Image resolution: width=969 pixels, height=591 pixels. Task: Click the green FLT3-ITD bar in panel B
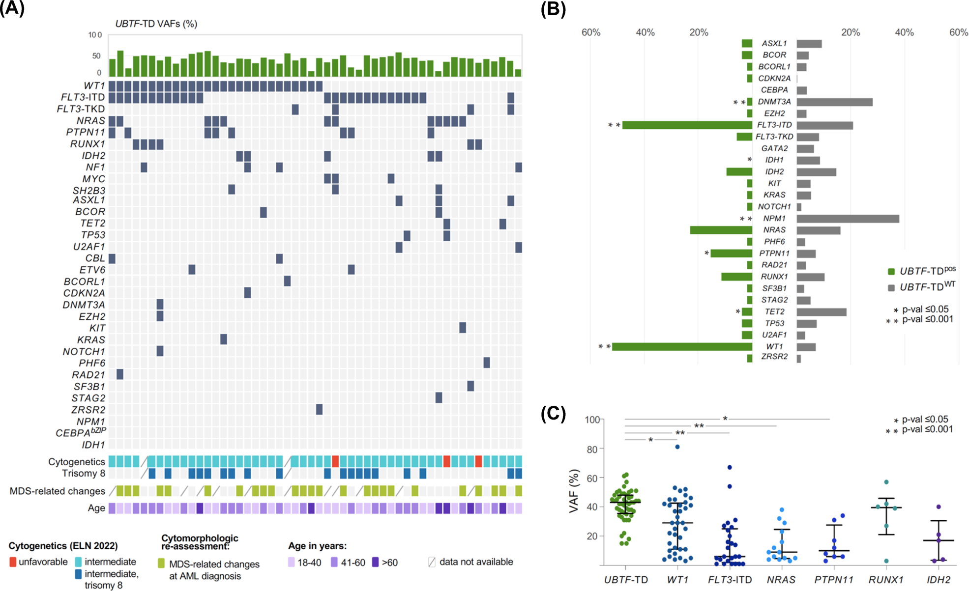pyautogui.click(x=687, y=125)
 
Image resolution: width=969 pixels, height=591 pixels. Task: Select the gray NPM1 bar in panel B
pyautogui.click(x=848, y=219)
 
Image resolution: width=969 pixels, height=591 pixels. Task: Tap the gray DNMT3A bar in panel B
pyautogui.click(x=834, y=102)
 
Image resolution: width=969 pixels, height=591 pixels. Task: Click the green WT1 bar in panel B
pyautogui.click(x=682, y=347)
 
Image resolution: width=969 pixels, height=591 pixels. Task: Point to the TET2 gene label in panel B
pyautogui.click(x=774, y=311)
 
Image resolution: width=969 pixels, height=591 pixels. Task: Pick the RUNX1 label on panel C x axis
pyautogui.click(x=886, y=580)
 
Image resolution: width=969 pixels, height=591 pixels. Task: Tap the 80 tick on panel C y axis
pyautogui.click(x=592, y=449)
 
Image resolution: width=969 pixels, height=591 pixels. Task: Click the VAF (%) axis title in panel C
pyautogui.click(x=573, y=491)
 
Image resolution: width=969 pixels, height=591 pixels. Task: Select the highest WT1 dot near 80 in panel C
pyautogui.click(x=677, y=447)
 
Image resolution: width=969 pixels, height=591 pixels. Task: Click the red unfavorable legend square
pyautogui.click(x=13, y=562)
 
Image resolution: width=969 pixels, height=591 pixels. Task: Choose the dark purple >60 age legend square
pyautogui.click(x=376, y=562)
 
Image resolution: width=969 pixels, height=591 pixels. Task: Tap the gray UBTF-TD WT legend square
pyautogui.click(x=891, y=288)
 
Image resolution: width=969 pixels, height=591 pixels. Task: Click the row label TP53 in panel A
pyautogui.click(x=92, y=235)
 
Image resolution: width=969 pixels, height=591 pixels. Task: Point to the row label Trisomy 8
pyautogui.click(x=79, y=474)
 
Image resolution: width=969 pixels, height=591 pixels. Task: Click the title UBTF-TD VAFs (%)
pyautogui.click(x=156, y=24)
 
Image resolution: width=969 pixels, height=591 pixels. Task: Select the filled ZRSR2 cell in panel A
pyautogui.click(x=319, y=409)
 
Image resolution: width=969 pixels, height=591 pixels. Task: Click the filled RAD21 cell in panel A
pyautogui.click(x=120, y=374)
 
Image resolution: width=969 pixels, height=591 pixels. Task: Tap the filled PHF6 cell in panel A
pyautogui.click(x=486, y=363)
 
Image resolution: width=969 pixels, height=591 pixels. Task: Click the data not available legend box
pyautogui.click(x=432, y=562)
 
